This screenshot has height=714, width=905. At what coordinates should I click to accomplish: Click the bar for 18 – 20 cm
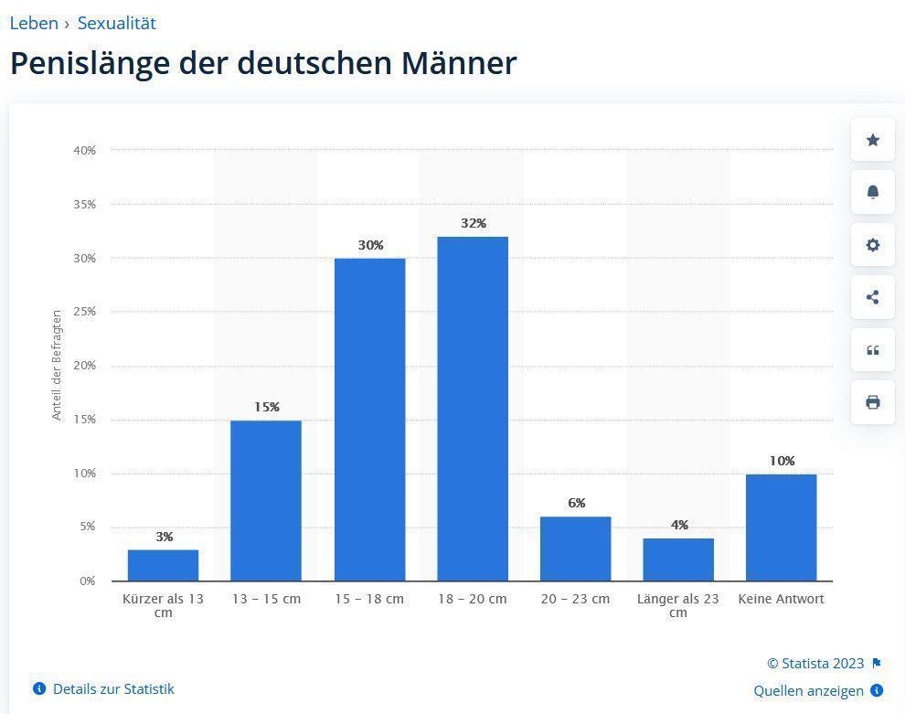pos(473,409)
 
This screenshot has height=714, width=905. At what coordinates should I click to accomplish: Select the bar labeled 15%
pos(266,500)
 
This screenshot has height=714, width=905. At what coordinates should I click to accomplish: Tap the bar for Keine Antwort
pos(782,528)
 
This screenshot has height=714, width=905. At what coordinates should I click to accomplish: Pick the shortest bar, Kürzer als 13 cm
pos(164,565)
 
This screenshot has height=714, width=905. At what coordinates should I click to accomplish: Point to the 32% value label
pos(474,223)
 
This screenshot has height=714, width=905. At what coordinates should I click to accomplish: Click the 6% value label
pos(576,503)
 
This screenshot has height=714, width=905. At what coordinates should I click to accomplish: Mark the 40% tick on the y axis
pos(85,150)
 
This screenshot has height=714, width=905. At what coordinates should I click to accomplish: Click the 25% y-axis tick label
pos(85,312)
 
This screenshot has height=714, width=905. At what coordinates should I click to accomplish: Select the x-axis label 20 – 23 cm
pos(575,599)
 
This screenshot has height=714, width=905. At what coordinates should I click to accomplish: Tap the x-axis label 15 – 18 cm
pos(369,599)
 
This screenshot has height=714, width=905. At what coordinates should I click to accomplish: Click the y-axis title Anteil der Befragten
pos(57,365)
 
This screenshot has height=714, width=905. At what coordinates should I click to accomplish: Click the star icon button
pos(873,140)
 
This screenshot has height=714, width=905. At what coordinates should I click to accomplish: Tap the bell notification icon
pos(873,192)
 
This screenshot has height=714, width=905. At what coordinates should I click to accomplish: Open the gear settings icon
pos(873,245)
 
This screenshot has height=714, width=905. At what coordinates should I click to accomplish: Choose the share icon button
pos(873,297)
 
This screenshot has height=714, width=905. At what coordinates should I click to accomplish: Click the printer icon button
pos(873,402)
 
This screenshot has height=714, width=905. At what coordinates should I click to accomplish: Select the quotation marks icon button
pos(873,350)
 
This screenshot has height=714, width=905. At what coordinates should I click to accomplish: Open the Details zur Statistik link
pos(112,688)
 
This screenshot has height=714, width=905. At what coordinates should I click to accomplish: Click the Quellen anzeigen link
pos(809,690)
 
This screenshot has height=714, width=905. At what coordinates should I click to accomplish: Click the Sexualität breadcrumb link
pos(117,23)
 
